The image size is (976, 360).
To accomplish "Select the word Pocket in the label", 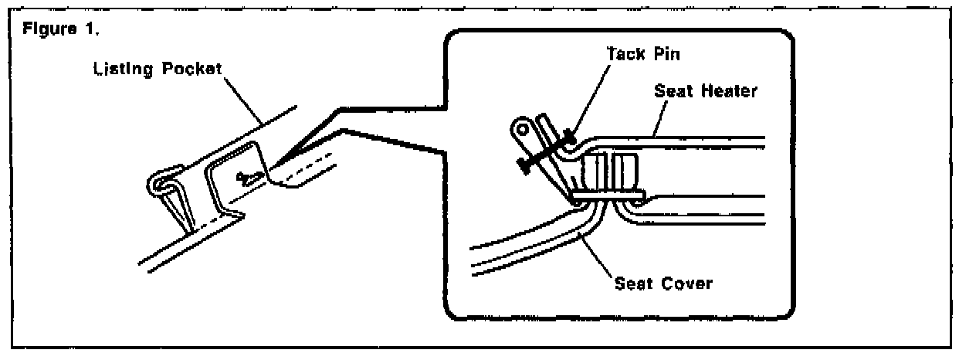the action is coord(191,69).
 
